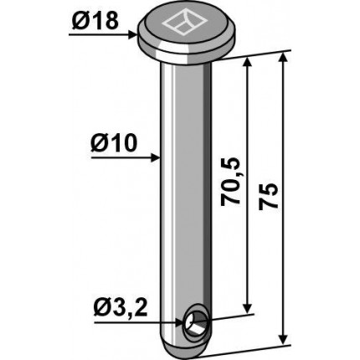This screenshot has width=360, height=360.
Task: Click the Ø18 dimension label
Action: coord(95,21)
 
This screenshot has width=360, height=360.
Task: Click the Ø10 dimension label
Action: coord(114,143)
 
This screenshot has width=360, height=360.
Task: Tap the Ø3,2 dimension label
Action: coord(121,309)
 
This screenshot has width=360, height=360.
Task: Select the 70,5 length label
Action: coord(230,182)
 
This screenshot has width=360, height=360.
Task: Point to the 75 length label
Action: coord(269,197)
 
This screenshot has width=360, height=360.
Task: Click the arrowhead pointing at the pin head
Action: coord(133,35)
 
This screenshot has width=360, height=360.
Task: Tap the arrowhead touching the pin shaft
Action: coord(155,157)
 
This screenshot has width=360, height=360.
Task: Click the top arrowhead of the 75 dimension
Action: coord(283,58)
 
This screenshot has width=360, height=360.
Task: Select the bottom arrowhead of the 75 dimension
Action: coord(284,340)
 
